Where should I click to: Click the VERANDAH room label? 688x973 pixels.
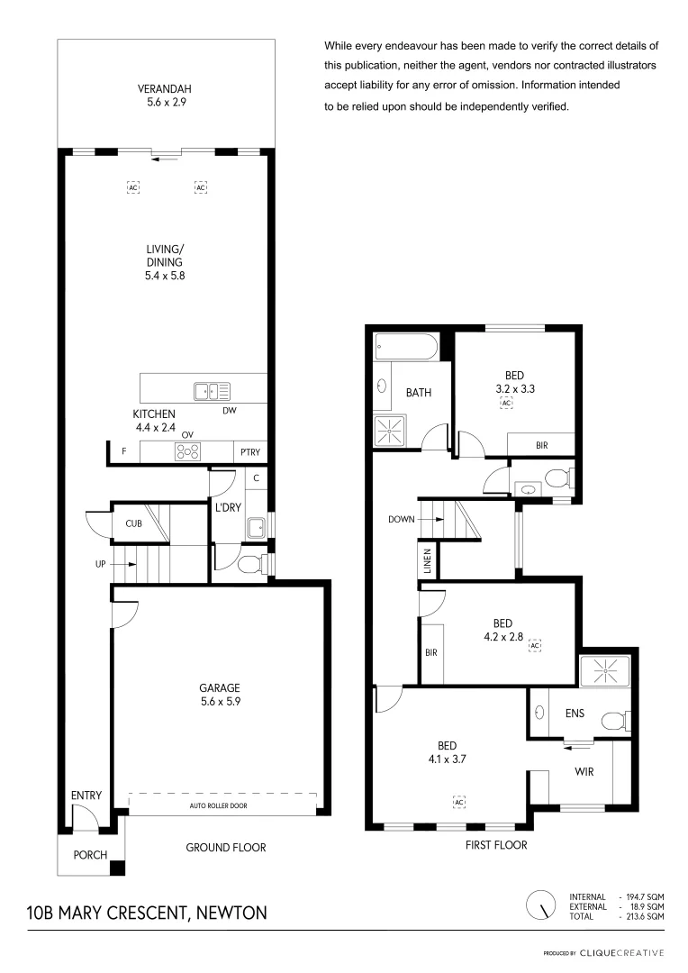coord(164,89)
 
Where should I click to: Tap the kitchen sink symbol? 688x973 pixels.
coord(212,391)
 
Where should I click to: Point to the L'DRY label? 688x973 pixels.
coord(227,507)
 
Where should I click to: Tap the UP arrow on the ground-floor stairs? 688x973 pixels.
coord(127,564)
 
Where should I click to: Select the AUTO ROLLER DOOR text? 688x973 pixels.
coord(218,805)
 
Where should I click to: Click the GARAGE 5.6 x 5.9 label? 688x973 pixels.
coord(221,695)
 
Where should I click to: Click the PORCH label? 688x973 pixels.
coord(90,855)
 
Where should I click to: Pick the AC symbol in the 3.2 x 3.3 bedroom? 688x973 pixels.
coord(506,404)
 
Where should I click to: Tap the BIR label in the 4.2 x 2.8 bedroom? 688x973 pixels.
coord(430,652)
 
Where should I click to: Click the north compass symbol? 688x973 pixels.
coord(541,905)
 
